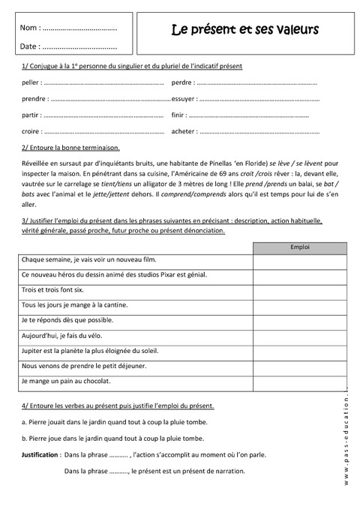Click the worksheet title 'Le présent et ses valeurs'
coord(244,30)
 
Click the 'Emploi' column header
coord(298,247)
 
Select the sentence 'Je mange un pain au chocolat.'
coord(66,381)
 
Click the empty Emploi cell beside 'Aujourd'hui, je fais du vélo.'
coord(298,335)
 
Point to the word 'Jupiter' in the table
coord(34,351)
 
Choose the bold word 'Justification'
coord(40,454)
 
